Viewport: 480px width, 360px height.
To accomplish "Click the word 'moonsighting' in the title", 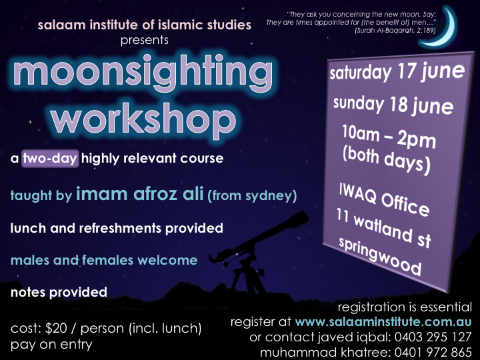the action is [x=143, y=73].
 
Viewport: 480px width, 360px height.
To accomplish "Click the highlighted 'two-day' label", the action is [x=50, y=159].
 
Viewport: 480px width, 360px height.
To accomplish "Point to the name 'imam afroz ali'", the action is [x=139, y=194].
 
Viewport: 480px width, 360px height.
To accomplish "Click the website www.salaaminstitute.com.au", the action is [x=383, y=322].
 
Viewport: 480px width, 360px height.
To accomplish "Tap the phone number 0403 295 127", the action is [x=433, y=337].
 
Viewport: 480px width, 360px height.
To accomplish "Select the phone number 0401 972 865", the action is [x=433, y=352].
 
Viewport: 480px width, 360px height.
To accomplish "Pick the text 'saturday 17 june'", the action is [x=397, y=72].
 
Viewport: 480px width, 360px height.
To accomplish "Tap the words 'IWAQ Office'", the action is [x=385, y=199].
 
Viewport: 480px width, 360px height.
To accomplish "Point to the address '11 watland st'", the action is [x=383, y=228].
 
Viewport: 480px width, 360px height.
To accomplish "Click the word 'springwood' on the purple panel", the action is [x=380, y=256].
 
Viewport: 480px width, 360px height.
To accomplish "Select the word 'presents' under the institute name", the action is [x=145, y=41].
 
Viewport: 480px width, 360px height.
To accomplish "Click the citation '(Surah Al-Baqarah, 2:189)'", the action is [x=395, y=30].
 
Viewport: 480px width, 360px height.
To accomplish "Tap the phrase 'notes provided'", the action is [x=59, y=293].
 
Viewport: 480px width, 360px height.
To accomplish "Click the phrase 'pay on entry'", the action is [x=51, y=345].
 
